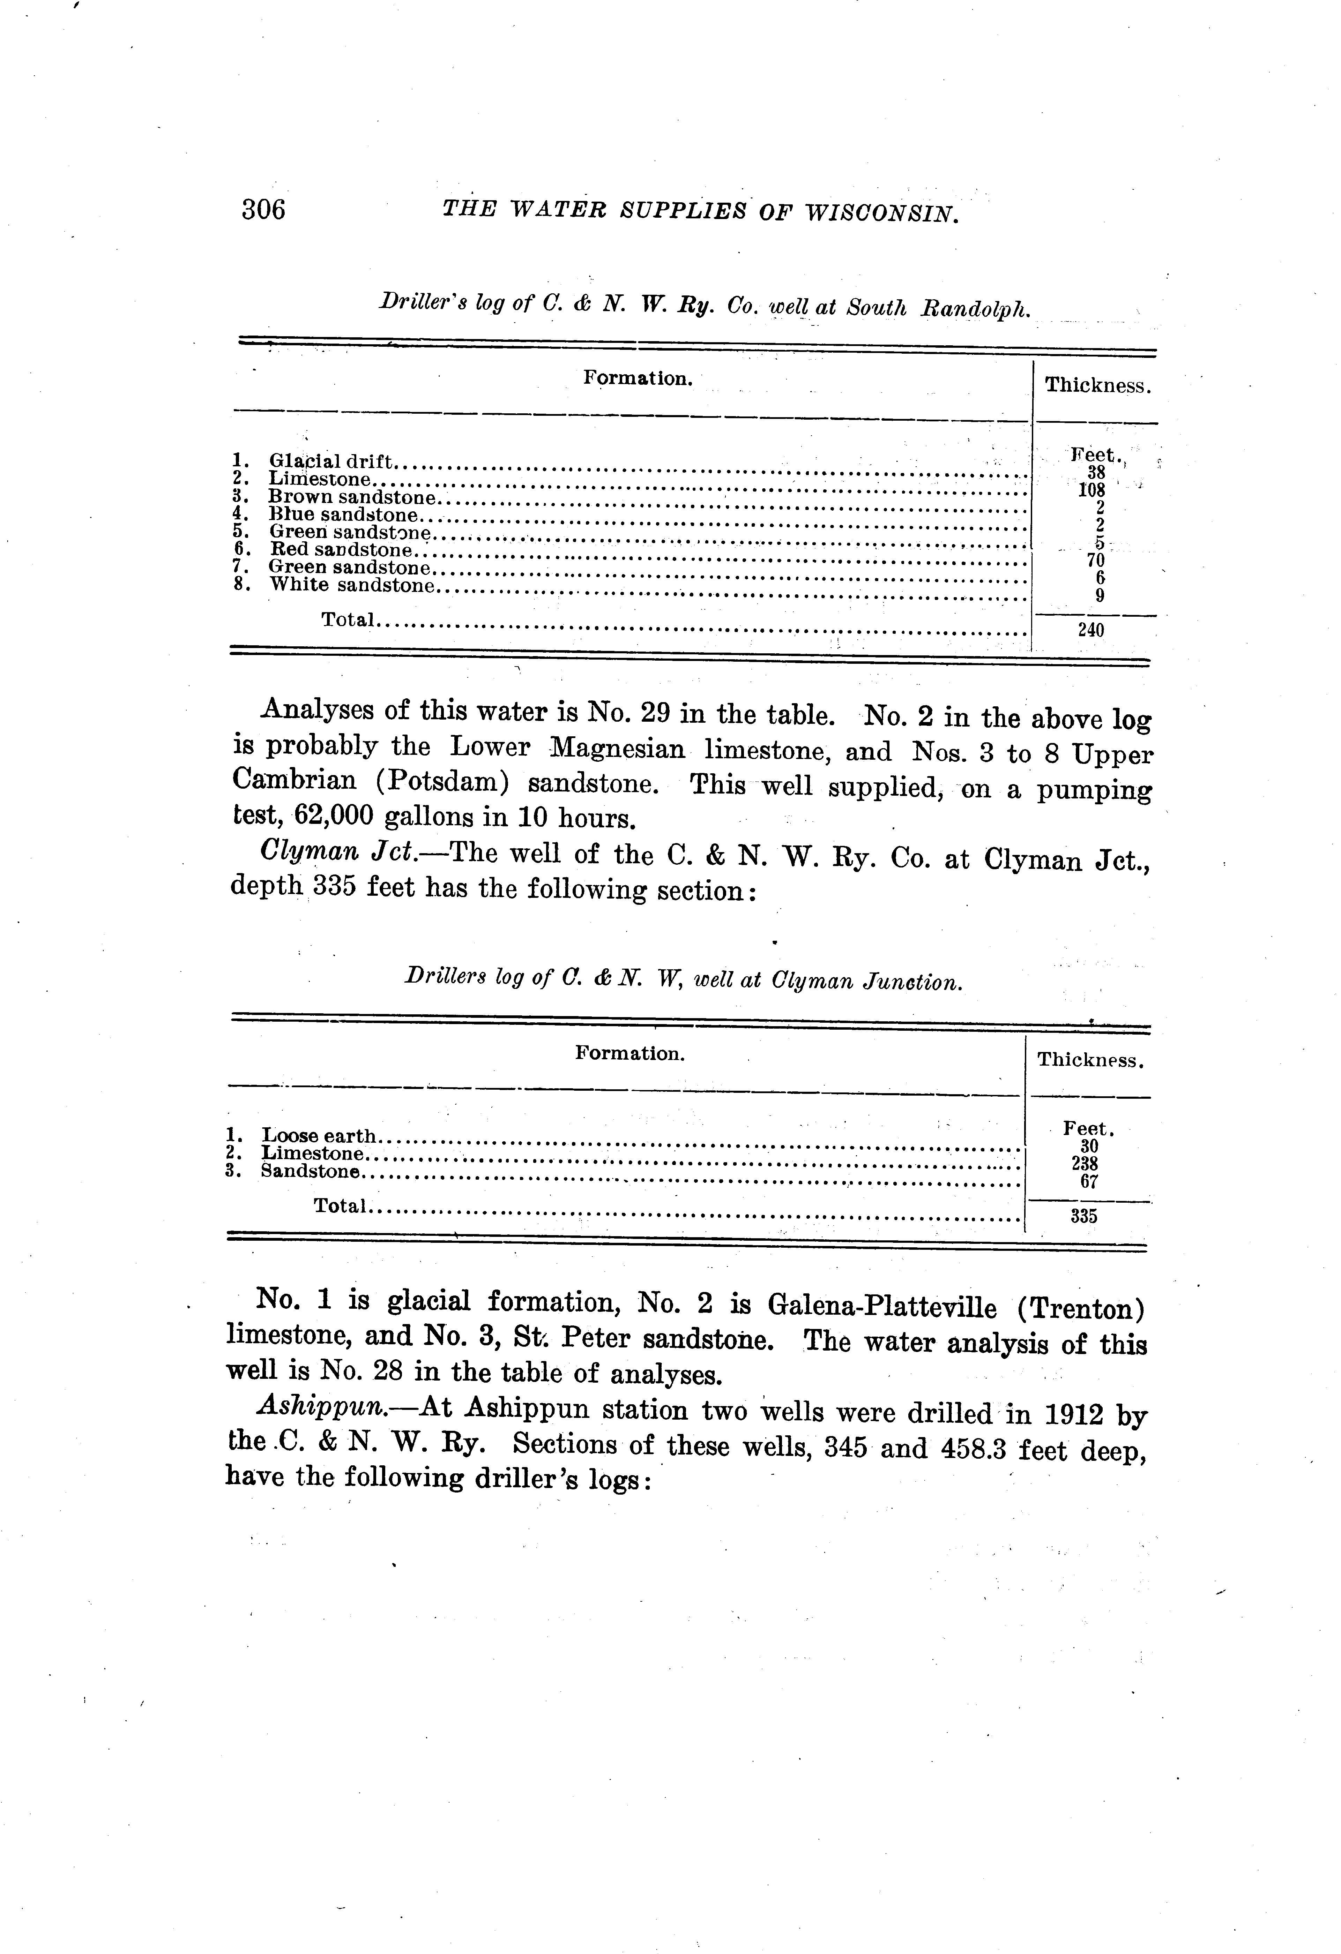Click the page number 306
tap(263, 209)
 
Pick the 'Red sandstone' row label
tap(341, 550)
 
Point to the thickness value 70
tap(1095, 560)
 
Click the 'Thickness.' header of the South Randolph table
tap(1097, 386)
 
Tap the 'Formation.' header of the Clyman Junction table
tap(629, 1053)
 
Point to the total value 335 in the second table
tap(1083, 1216)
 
